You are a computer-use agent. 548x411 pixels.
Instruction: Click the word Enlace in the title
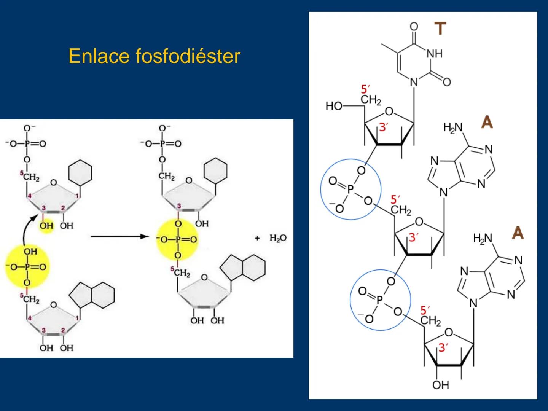pyautogui.click(x=100, y=56)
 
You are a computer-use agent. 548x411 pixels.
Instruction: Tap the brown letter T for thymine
pyautogui.click(x=440, y=29)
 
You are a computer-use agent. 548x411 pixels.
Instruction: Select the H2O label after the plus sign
pyautogui.click(x=278, y=238)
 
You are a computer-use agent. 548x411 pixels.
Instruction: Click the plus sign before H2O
pyautogui.click(x=258, y=238)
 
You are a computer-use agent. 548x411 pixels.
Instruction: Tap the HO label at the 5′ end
pyautogui.click(x=334, y=106)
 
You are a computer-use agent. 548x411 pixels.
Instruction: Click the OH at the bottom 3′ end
pyautogui.click(x=440, y=385)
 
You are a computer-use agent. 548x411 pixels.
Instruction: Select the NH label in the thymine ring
pyautogui.click(x=434, y=54)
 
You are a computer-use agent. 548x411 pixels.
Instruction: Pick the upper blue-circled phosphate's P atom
pyautogui.click(x=350, y=189)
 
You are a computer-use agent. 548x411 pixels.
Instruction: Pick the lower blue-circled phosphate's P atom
pyautogui.click(x=379, y=300)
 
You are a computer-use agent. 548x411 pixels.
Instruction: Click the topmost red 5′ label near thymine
pyautogui.click(x=365, y=89)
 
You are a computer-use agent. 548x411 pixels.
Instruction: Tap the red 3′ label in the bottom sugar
pyautogui.click(x=443, y=347)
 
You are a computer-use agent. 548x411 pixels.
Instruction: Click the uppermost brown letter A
pyautogui.click(x=487, y=122)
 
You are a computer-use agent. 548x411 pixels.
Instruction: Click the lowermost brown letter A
pyautogui.click(x=518, y=233)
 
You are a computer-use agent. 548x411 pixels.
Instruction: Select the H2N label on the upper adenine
pyautogui.click(x=453, y=127)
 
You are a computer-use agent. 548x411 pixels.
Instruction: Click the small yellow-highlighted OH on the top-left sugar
pyautogui.click(x=46, y=226)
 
